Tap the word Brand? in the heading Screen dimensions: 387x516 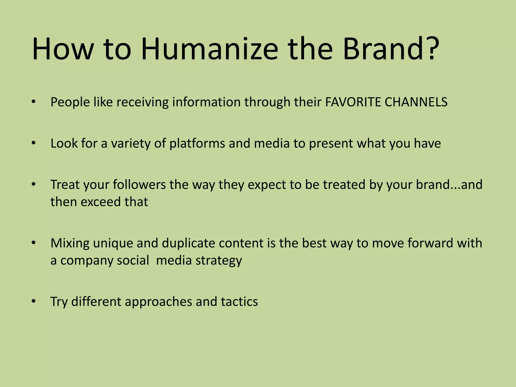pyautogui.click(x=391, y=49)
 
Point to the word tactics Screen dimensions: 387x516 pyautogui.click(x=239, y=302)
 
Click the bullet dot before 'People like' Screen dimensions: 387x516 pyautogui.click(x=34, y=102)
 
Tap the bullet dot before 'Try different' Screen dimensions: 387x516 pyautogui.click(x=34, y=301)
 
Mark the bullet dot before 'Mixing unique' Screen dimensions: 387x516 pyautogui.click(x=34, y=243)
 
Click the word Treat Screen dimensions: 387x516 pyautogui.click(x=65, y=185)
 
